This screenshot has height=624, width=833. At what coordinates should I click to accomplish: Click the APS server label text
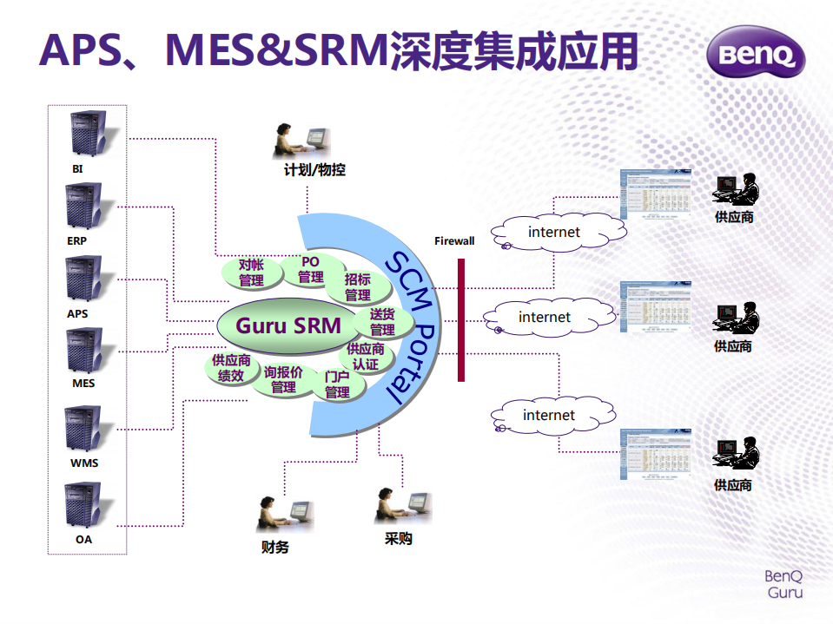point(77,313)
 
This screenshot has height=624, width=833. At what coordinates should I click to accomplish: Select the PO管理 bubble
point(310,270)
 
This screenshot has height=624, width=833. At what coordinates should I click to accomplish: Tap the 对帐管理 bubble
point(251,273)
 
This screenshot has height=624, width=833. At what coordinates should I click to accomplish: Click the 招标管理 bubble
point(357,287)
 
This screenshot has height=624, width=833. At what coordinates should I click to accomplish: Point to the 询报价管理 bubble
point(283,380)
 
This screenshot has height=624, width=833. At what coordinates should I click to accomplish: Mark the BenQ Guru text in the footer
point(783,584)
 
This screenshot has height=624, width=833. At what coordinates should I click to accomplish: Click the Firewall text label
point(454,240)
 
